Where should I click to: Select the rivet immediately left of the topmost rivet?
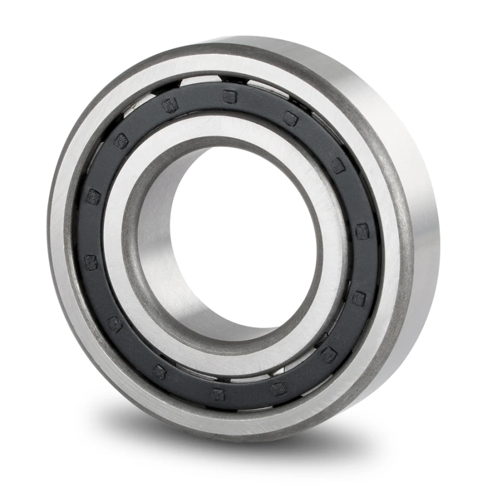pyautogui.click(x=171, y=106)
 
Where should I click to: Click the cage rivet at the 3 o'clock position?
pyautogui.click(x=362, y=232)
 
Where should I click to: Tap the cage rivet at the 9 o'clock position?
pyautogui.click(x=93, y=197)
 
